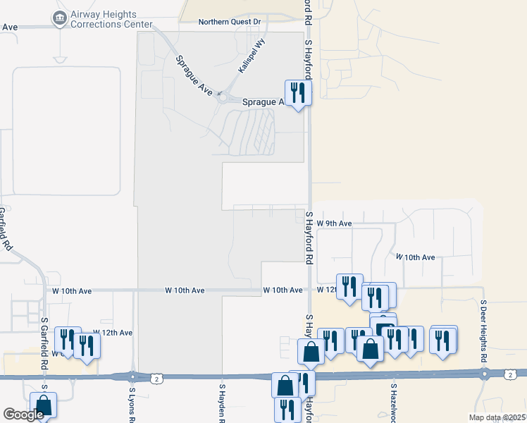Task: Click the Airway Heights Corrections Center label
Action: click(111, 18)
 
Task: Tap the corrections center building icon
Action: click(60, 16)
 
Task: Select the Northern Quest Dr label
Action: click(229, 22)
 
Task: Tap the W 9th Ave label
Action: click(334, 223)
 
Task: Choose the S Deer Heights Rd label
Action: click(484, 331)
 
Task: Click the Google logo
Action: click(23, 414)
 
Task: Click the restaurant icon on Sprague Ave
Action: click(298, 92)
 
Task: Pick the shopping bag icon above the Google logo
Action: click(43, 404)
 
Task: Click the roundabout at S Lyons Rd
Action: click(132, 376)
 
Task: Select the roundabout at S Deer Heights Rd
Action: click(483, 375)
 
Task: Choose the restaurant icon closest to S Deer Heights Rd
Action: click(443, 340)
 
